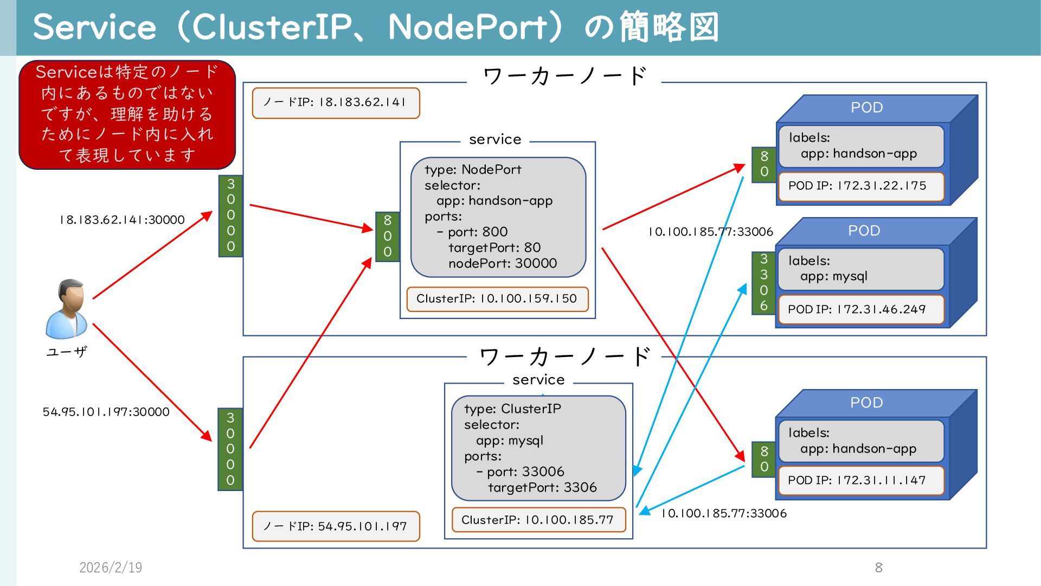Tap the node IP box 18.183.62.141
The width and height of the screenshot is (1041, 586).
336,103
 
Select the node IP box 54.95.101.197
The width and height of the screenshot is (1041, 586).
336,526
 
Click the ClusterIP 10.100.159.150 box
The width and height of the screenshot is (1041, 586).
497,299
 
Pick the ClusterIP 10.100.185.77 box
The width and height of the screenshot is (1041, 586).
538,520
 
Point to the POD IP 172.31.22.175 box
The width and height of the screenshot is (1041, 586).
860,186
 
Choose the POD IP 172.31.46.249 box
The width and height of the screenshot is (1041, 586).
860,309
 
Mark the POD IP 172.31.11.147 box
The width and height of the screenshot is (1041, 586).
860,480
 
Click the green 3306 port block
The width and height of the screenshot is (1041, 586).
764,283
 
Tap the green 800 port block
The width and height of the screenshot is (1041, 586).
388,236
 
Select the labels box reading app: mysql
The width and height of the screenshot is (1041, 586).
860,269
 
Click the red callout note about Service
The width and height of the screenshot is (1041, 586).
127,114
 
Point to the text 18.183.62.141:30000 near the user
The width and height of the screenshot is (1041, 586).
122,220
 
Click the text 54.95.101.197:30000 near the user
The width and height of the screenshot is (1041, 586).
106,412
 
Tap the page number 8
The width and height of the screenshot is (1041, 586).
879,568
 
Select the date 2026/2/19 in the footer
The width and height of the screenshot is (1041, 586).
111,568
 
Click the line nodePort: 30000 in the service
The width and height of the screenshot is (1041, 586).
502,264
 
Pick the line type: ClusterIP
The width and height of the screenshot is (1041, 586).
512,409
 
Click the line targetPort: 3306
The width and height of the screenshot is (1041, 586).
542,488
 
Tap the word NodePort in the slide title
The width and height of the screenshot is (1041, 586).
467,27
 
